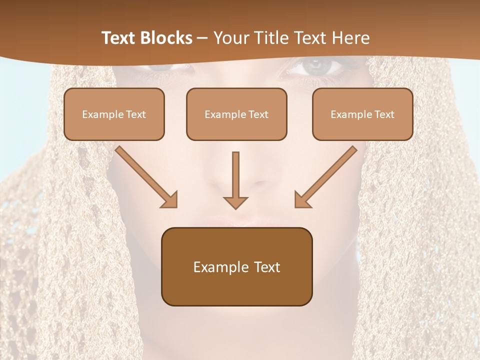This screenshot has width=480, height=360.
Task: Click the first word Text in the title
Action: tap(120, 38)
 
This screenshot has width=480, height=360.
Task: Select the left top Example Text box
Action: tap(114, 114)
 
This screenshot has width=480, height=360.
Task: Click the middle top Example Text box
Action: tap(236, 114)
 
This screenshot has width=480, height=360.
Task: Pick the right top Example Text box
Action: tap(362, 114)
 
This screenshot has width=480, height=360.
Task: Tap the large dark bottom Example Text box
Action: tap(236, 266)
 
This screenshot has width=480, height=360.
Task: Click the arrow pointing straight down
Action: tap(235, 180)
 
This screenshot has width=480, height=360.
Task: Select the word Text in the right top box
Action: tap(384, 114)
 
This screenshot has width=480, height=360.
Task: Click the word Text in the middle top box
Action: tap(258, 114)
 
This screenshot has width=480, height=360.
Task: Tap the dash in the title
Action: tap(202, 38)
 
